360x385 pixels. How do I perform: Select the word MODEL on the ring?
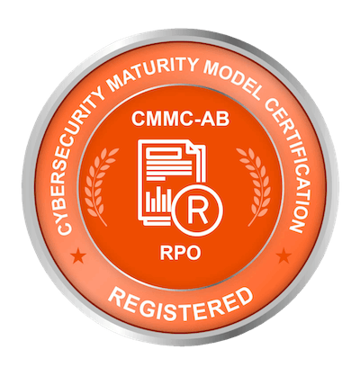click(232, 79)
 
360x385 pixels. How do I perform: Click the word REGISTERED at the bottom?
click(180, 304)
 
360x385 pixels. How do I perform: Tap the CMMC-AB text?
click(180, 119)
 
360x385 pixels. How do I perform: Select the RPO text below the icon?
click(180, 253)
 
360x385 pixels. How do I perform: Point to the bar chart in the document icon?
click(158, 200)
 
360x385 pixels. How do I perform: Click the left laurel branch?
click(100, 186)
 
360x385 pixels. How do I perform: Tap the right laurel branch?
click(256, 186)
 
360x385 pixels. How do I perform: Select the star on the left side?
click(78, 255)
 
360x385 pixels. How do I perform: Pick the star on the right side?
click(283, 255)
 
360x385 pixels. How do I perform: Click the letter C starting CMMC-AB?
click(139, 119)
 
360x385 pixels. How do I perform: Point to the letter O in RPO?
click(193, 253)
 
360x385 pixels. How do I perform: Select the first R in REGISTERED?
click(115, 296)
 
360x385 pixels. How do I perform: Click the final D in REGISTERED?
click(245, 296)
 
